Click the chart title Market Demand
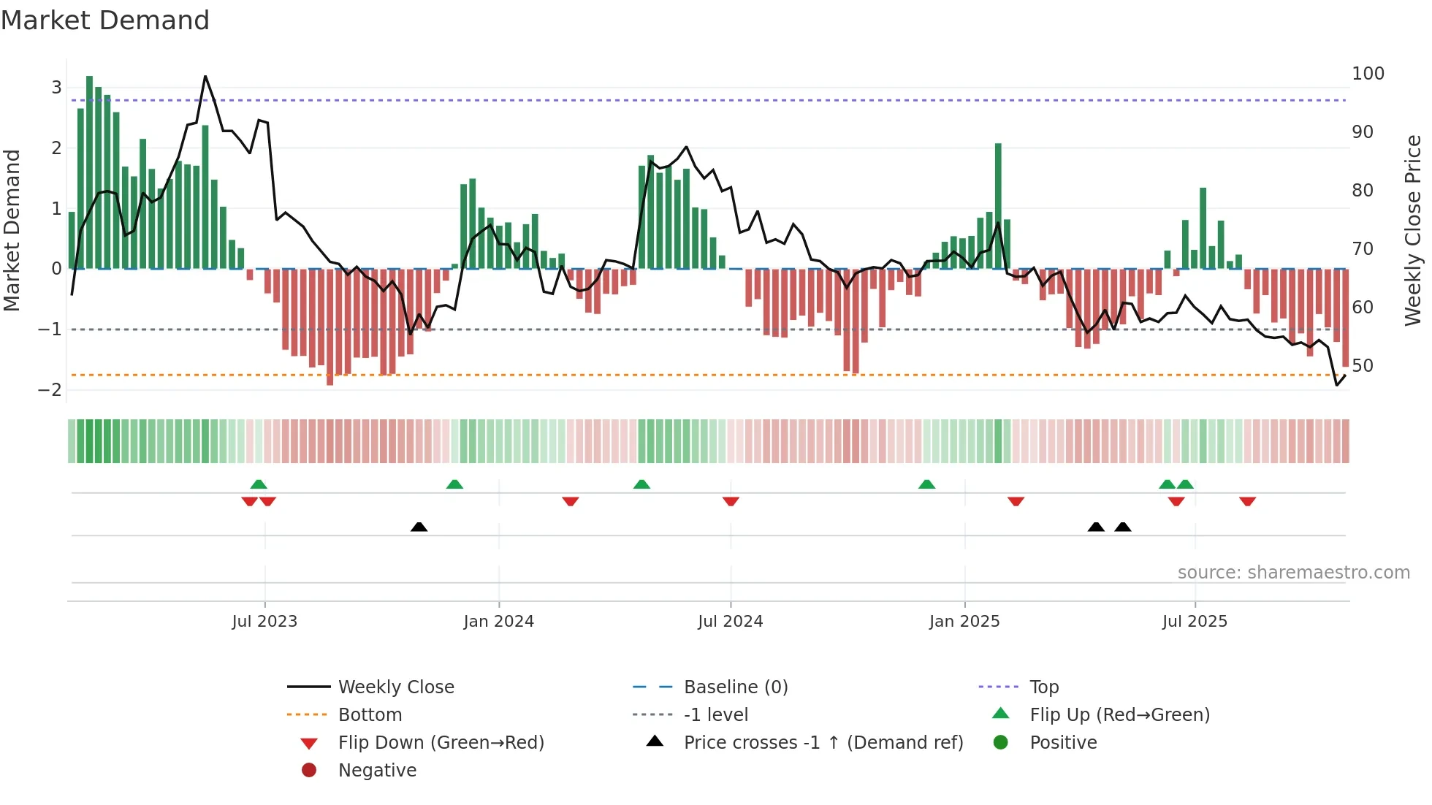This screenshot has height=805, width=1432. pyautogui.click(x=105, y=20)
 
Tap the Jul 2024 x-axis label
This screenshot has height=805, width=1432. pyautogui.click(x=730, y=622)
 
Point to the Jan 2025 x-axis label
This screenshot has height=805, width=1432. pyautogui.click(x=964, y=622)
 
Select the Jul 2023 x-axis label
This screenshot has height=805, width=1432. pyautogui.click(x=264, y=622)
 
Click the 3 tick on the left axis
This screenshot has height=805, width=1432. pyautogui.click(x=56, y=88)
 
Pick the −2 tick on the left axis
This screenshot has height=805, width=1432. pyautogui.click(x=50, y=389)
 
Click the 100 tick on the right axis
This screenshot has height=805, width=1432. pyautogui.click(x=1368, y=74)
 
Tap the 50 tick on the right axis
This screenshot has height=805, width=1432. pyautogui.click(x=1363, y=366)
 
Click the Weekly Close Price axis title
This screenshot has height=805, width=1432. pyautogui.click(x=1413, y=230)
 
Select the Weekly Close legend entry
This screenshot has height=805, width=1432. pyautogui.click(x=395, y=687)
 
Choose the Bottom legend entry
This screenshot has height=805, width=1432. pyautogui.click(x=370, y=715)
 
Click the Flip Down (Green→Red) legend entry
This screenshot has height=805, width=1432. pyautogui.click(x=441, y=743)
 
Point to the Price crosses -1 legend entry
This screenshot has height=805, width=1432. pyautogui.click(x=823, y=743)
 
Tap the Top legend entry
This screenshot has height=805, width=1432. pyautogui.click(x=1043, y=687)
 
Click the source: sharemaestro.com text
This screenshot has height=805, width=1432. pyautogui.click(x=1293, y=573)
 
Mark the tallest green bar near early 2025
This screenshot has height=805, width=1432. pyautogui.click(x=998, y=205)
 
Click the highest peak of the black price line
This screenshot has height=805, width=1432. pyautogui.click(x=205, y=77)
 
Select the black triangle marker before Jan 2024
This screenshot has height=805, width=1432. pyautogui.click(x=419, y=527)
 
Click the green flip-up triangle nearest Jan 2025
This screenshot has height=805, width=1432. pyautogui.click(x=926, y=484)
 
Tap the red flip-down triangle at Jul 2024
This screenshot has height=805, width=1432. pyautogui.click(x=731, y=501)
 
